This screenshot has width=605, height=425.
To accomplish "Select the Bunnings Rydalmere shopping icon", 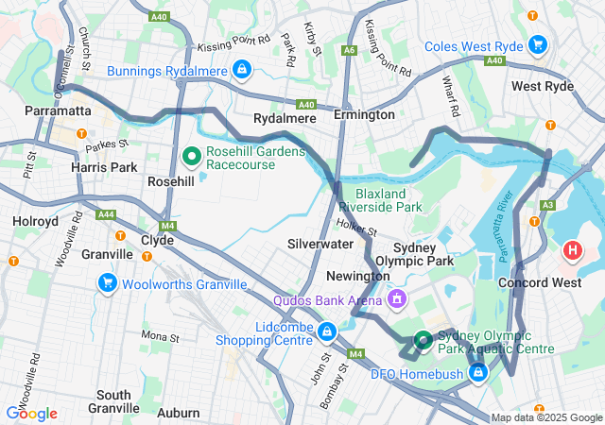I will [243, 69].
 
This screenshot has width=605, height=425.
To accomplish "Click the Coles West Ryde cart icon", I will [538, 44].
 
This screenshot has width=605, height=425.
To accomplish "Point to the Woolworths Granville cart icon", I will [107, 282].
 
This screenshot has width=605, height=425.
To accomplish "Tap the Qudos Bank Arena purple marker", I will [397, 300].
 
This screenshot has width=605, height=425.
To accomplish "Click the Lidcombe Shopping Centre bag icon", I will [327, 331].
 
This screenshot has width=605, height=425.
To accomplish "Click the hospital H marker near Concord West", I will [573, 251].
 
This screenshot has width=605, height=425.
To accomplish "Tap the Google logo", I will [31, 413].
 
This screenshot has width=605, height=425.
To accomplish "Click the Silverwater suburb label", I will [320, 243].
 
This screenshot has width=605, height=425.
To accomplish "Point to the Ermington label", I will [364, 114].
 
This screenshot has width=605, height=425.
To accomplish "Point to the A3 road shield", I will [547, 204].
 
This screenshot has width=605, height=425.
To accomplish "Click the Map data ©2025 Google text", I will [546, 417].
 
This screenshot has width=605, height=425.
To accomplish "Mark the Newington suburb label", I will [357, 276].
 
